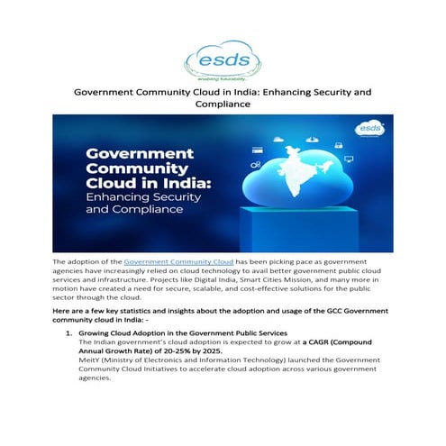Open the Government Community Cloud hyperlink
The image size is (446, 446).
pyautogui.click(x=178, y=261)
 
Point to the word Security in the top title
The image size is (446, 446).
pyautogui.click(x=332, y=92)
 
